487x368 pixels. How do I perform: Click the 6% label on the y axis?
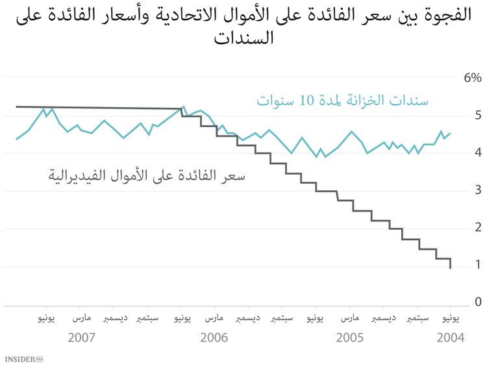click(471, 78)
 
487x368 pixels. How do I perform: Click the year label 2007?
click(82, 338)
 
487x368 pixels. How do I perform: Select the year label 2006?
click(214, 338)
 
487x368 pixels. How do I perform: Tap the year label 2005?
click(349, 338)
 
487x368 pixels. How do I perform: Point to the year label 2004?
click(450, 338)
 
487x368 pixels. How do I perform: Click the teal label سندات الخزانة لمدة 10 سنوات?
click(342, 101)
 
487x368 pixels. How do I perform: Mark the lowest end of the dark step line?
click(450, 267)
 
